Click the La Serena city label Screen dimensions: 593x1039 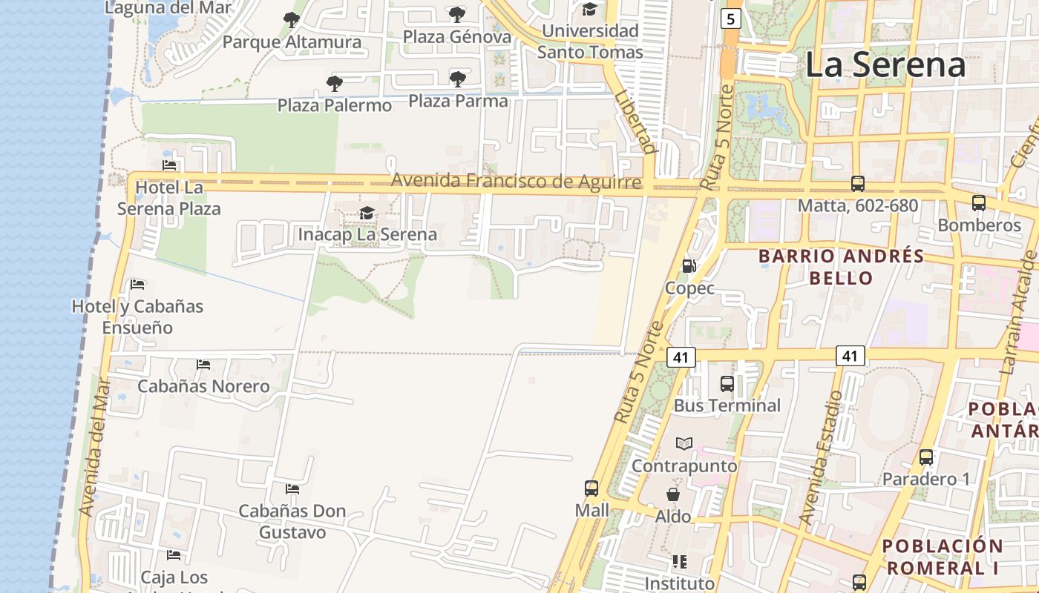coord(885,64)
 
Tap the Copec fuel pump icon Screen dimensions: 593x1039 coord(689,266)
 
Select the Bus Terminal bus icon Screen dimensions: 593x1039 coord(727,384)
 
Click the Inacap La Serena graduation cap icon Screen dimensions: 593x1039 coord(367,213)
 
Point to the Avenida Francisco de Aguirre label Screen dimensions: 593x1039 coord(516,181)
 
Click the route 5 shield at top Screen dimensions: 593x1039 coord(731,19)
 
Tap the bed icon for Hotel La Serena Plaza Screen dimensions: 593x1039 coord(169,165)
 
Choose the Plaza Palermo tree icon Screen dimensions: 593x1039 coord(335,83)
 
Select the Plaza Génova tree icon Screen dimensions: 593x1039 coord(457,14)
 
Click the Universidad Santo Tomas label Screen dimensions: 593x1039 coord(590,42)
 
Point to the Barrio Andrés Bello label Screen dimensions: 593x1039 coord(841,268)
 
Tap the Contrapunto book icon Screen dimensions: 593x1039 coord(684,444)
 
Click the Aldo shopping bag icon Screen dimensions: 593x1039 coord(673,494)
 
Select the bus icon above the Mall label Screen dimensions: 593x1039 coord(591,488)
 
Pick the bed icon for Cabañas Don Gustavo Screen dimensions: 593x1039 coord(292,489)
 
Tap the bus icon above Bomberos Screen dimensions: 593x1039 coord(978,202)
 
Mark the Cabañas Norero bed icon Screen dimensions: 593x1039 coord(203,365)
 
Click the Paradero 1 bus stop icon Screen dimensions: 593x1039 coord(926,457)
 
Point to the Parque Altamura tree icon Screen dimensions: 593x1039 coord(292,20)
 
